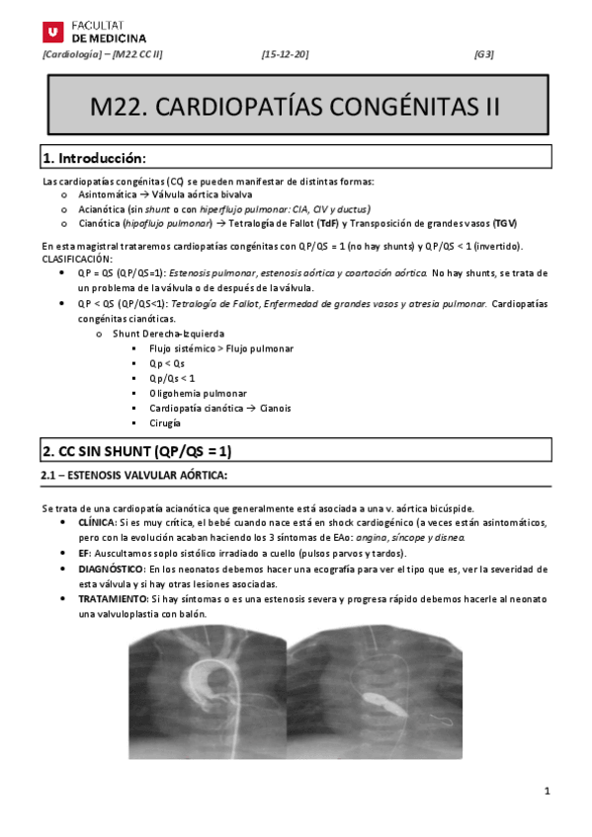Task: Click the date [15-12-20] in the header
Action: pos(285,54)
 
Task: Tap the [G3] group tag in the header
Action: pos(484,54)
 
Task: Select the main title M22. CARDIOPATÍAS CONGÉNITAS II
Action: pos(296,106)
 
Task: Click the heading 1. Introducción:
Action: pos(94,158)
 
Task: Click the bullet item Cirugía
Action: pos(165,422)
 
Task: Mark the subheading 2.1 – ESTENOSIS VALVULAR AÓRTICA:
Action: pos(134,476)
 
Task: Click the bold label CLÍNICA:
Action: pos(97,521)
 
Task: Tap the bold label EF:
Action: pos(84,555)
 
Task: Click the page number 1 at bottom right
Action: pos(547,791)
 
